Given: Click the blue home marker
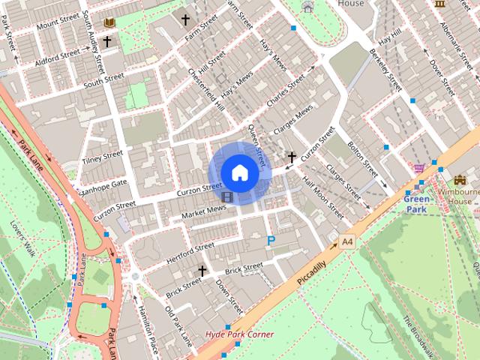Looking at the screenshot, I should (239, 172).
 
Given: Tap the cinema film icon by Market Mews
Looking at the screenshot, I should (226, 197).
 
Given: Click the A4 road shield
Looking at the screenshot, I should (346, 241).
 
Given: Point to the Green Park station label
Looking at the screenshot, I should (417, 204).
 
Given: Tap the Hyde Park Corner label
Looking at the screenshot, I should (239, 334).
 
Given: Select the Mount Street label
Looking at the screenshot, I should (57, 22).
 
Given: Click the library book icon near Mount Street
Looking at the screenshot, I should (110, 23).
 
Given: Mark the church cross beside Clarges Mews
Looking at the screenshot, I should (292, 157).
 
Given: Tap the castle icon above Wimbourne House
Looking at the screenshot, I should (459, 181).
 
